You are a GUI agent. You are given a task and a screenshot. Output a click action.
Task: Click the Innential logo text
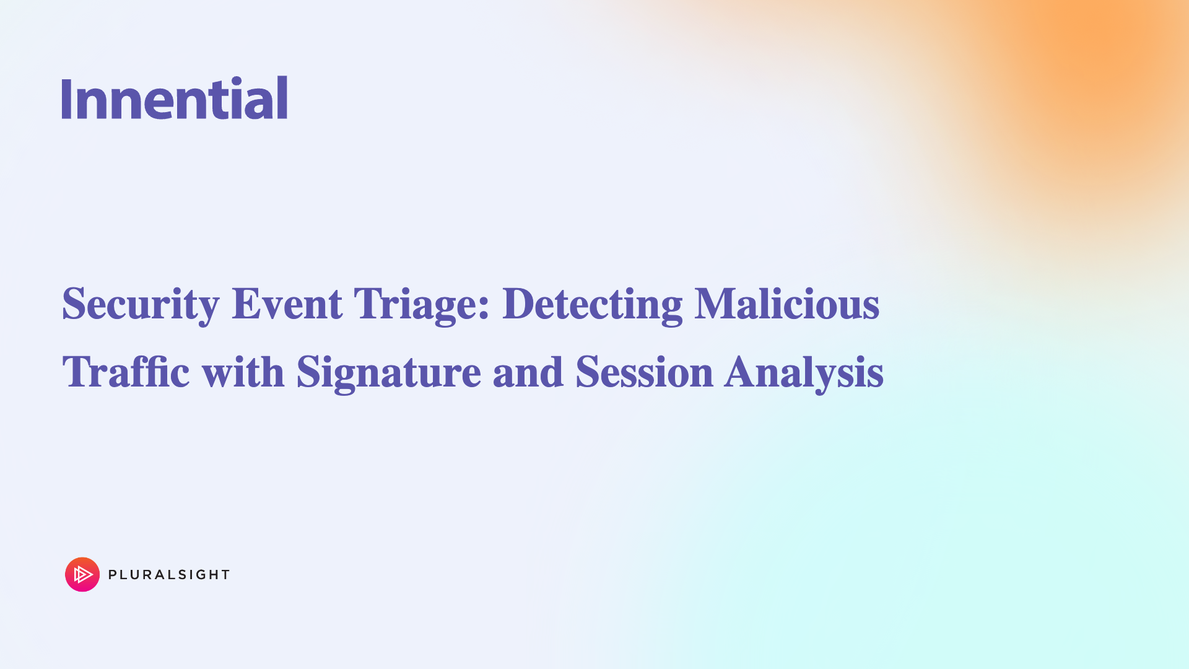(175, 98)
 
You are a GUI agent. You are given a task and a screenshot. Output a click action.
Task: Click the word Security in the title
(141, 304)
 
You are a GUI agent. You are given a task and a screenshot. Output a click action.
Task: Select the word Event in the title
(287, 304)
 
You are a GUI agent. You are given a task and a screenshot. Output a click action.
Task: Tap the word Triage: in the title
(422, 304)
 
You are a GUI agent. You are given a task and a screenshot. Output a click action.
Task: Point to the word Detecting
(592, 304)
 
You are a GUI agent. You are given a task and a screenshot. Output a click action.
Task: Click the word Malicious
(786, 304)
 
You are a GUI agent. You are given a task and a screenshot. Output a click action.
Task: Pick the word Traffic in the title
(126, 372)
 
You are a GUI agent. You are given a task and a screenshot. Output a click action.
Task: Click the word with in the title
(243, 372)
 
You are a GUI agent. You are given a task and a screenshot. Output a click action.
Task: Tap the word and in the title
(528, 372)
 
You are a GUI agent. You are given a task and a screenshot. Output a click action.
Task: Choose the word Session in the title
(644, 372)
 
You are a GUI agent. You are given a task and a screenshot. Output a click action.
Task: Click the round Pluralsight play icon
(82, 574)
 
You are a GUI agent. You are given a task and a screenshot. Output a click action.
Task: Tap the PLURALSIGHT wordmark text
(169, 575)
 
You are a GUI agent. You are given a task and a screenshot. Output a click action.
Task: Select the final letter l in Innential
(282, 98)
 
